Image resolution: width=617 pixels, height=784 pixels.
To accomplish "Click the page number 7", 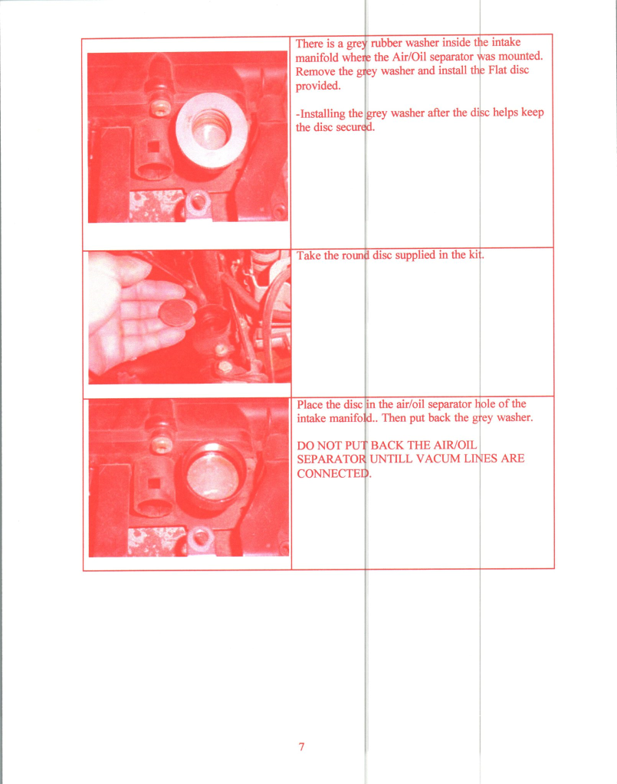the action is click(x=301, y=746).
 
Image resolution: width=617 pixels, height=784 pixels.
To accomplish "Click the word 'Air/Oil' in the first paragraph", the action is click(x=409, y=57).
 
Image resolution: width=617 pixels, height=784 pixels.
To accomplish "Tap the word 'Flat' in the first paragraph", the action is click(x=497, y=70).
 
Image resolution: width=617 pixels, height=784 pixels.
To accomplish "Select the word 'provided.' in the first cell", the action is click(x=318, y=86).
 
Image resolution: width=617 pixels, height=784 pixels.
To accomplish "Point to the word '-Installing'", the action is click(x=320, y=113).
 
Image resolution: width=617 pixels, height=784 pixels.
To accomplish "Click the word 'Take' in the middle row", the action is click(x=308, y=256).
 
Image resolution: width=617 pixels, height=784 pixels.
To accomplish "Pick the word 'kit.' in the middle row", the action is click(x=477, y=254).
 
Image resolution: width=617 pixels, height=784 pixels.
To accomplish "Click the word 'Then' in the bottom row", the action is click(x=394, y=417).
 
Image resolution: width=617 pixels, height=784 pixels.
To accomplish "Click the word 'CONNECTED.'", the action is click(x=334, y=473).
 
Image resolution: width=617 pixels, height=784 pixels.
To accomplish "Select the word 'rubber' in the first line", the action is click(x=386, y=43).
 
